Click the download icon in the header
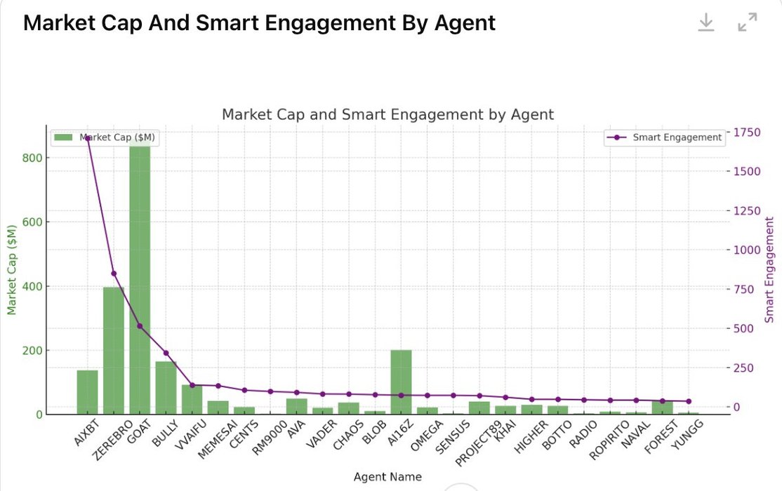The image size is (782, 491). tap(705, 22)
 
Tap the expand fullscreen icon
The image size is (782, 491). tap(748, 22)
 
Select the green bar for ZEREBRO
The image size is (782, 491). tap(114, 350)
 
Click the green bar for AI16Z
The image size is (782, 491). tap(401, 382)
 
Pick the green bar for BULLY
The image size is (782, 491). tap(166, 387)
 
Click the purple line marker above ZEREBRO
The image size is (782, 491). tap(114, 274)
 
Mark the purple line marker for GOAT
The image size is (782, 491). tap(140, 326)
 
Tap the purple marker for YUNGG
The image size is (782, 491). tap(688, 401)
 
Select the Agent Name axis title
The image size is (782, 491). tap(387, 477)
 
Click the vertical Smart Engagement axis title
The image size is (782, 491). tap(769, 269)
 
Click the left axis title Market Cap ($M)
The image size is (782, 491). tap(11, 269)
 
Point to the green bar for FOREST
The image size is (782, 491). tap(662, 407)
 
